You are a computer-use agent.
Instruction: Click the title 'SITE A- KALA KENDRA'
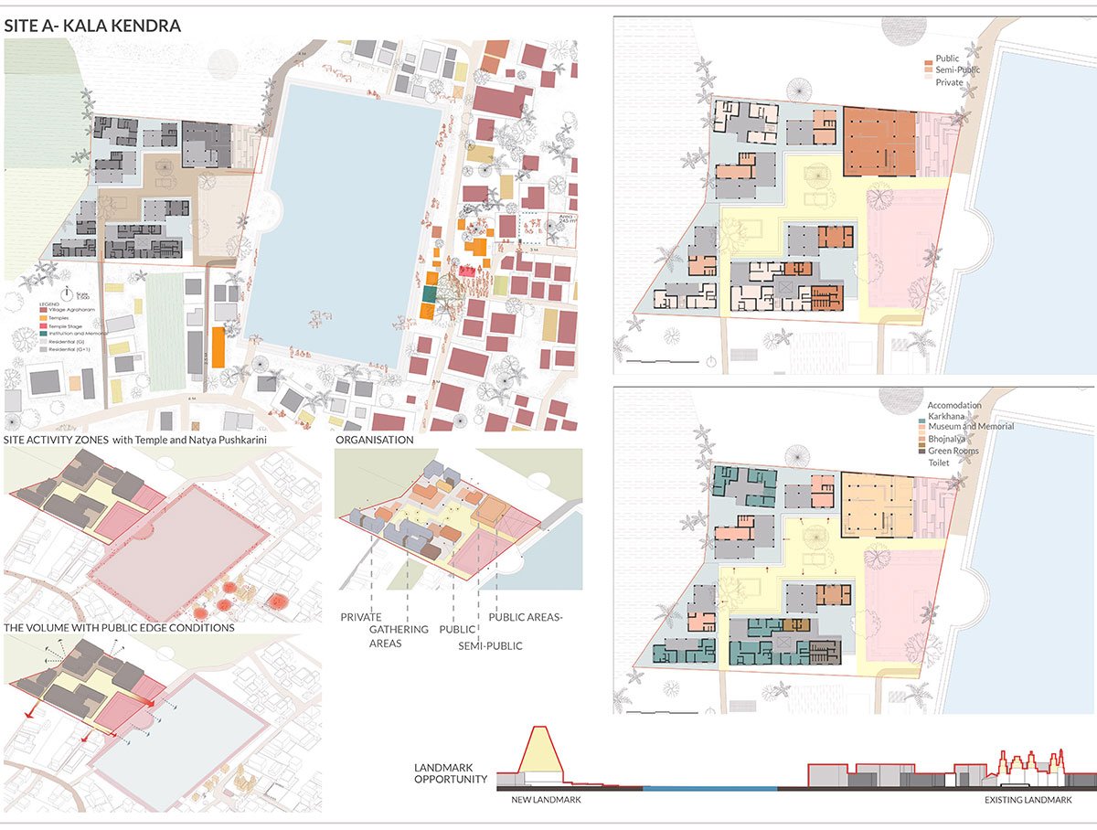[x=92, y=27]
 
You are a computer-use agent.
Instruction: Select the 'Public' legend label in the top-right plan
[x=947, y=59]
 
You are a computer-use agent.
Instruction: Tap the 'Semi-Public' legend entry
[x=959, y=69]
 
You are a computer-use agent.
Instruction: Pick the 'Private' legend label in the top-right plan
[x=949, y=81]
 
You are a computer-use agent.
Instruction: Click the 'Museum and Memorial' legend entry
[x=970, y=427]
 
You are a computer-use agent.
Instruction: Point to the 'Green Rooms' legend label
[x=953, y=451]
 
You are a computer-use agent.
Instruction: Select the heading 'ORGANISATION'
[x=375, y=440]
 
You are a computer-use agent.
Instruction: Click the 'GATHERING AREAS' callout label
[x=398, y=636]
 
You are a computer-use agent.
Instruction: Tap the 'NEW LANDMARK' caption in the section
[x=546, y=800]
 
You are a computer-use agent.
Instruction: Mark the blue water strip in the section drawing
[x=709, y=786]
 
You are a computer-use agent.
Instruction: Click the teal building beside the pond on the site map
[x=429, y=294]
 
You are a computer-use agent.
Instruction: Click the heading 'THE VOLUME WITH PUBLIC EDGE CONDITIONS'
[x=119, y=628]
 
